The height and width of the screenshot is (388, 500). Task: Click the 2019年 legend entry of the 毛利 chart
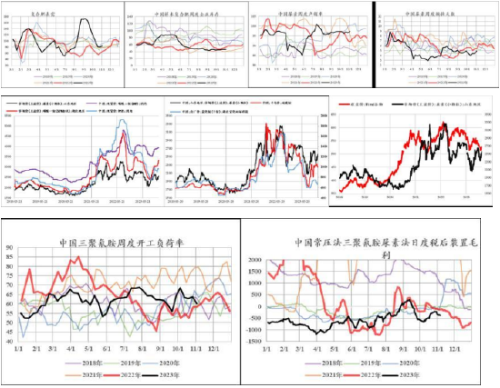(375, 363)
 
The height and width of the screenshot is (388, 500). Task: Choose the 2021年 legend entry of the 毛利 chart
(324, 376)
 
